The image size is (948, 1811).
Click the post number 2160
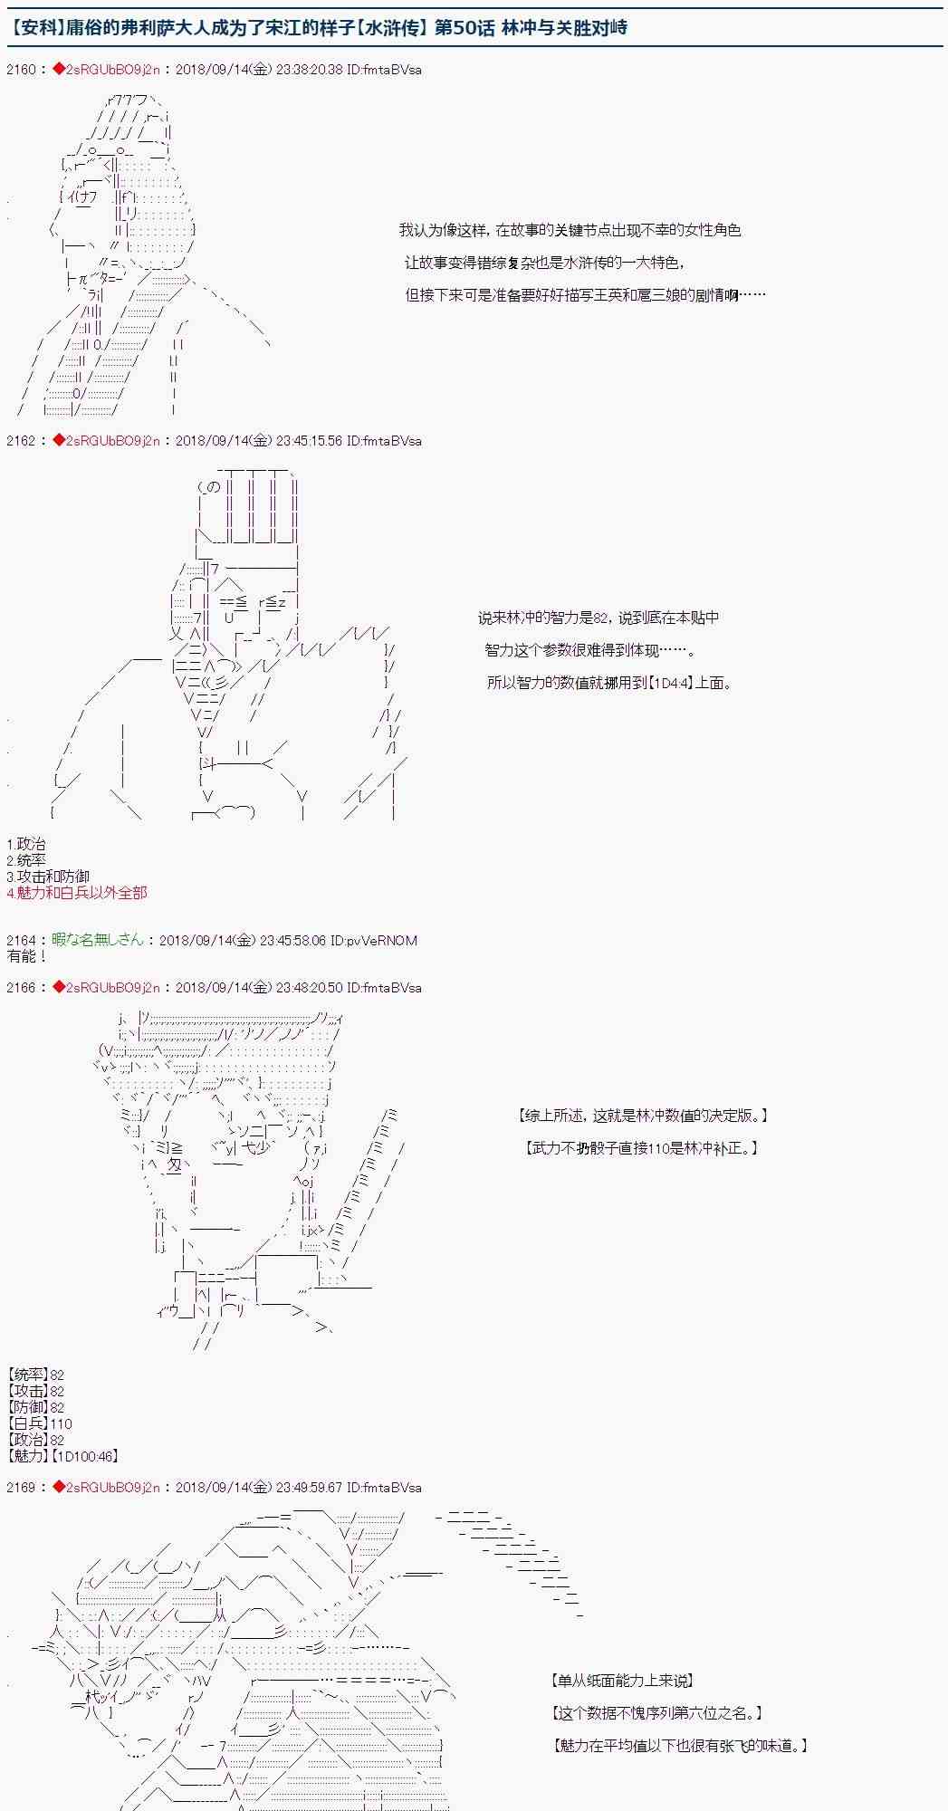pos(20,70)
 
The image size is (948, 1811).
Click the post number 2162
pos(20,441)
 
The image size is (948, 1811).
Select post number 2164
pos(20,941)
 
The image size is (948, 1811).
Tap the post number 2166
pos(20,988)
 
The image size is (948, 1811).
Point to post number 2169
pos(20,1488)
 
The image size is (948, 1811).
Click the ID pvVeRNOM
pos(375,941)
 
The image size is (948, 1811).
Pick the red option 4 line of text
pos(76,893)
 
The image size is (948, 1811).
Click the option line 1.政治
pos(25,844)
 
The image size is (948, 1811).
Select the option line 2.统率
pos(25,860)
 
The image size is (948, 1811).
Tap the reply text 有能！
pos(26,956)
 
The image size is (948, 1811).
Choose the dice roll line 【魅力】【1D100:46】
pos(62,1456)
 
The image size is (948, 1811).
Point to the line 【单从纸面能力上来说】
pos(621,1681)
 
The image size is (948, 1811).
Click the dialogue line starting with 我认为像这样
pos(570,231)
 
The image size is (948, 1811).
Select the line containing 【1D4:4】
pos(608,683)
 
